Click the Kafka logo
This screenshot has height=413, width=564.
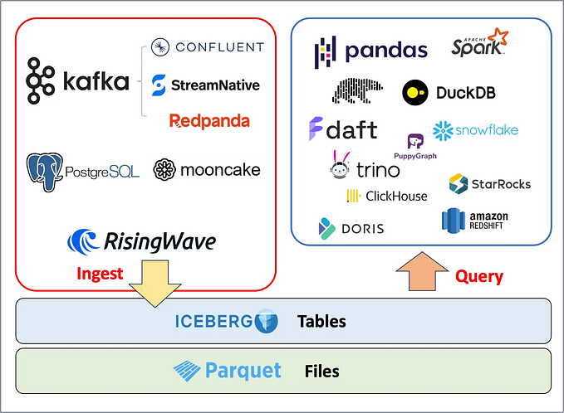click(x=78, y=80)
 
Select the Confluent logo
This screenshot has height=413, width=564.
click(x=208, y=46)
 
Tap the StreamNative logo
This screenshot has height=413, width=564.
click(x=206, y=85)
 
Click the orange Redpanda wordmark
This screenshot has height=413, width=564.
click(x=208, y=121)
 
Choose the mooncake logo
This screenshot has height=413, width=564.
click(x=207, y=170)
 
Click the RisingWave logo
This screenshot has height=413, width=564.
click(x=141, y=241)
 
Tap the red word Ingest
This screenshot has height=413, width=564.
click(x=99, y=273)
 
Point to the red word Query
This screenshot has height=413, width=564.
click(x=479, y=275)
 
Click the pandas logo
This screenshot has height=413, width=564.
click(x=370, y=51)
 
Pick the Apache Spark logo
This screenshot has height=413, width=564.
click(x=479, y=46)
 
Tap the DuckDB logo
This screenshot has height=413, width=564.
click(x=449, y=92)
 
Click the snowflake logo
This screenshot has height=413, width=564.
click(x=475, y=130)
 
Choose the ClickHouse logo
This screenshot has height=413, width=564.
click(x=386, y=197)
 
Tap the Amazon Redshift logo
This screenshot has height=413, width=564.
click(x=475, y=220)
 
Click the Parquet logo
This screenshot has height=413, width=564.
click(x=228, y=370)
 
